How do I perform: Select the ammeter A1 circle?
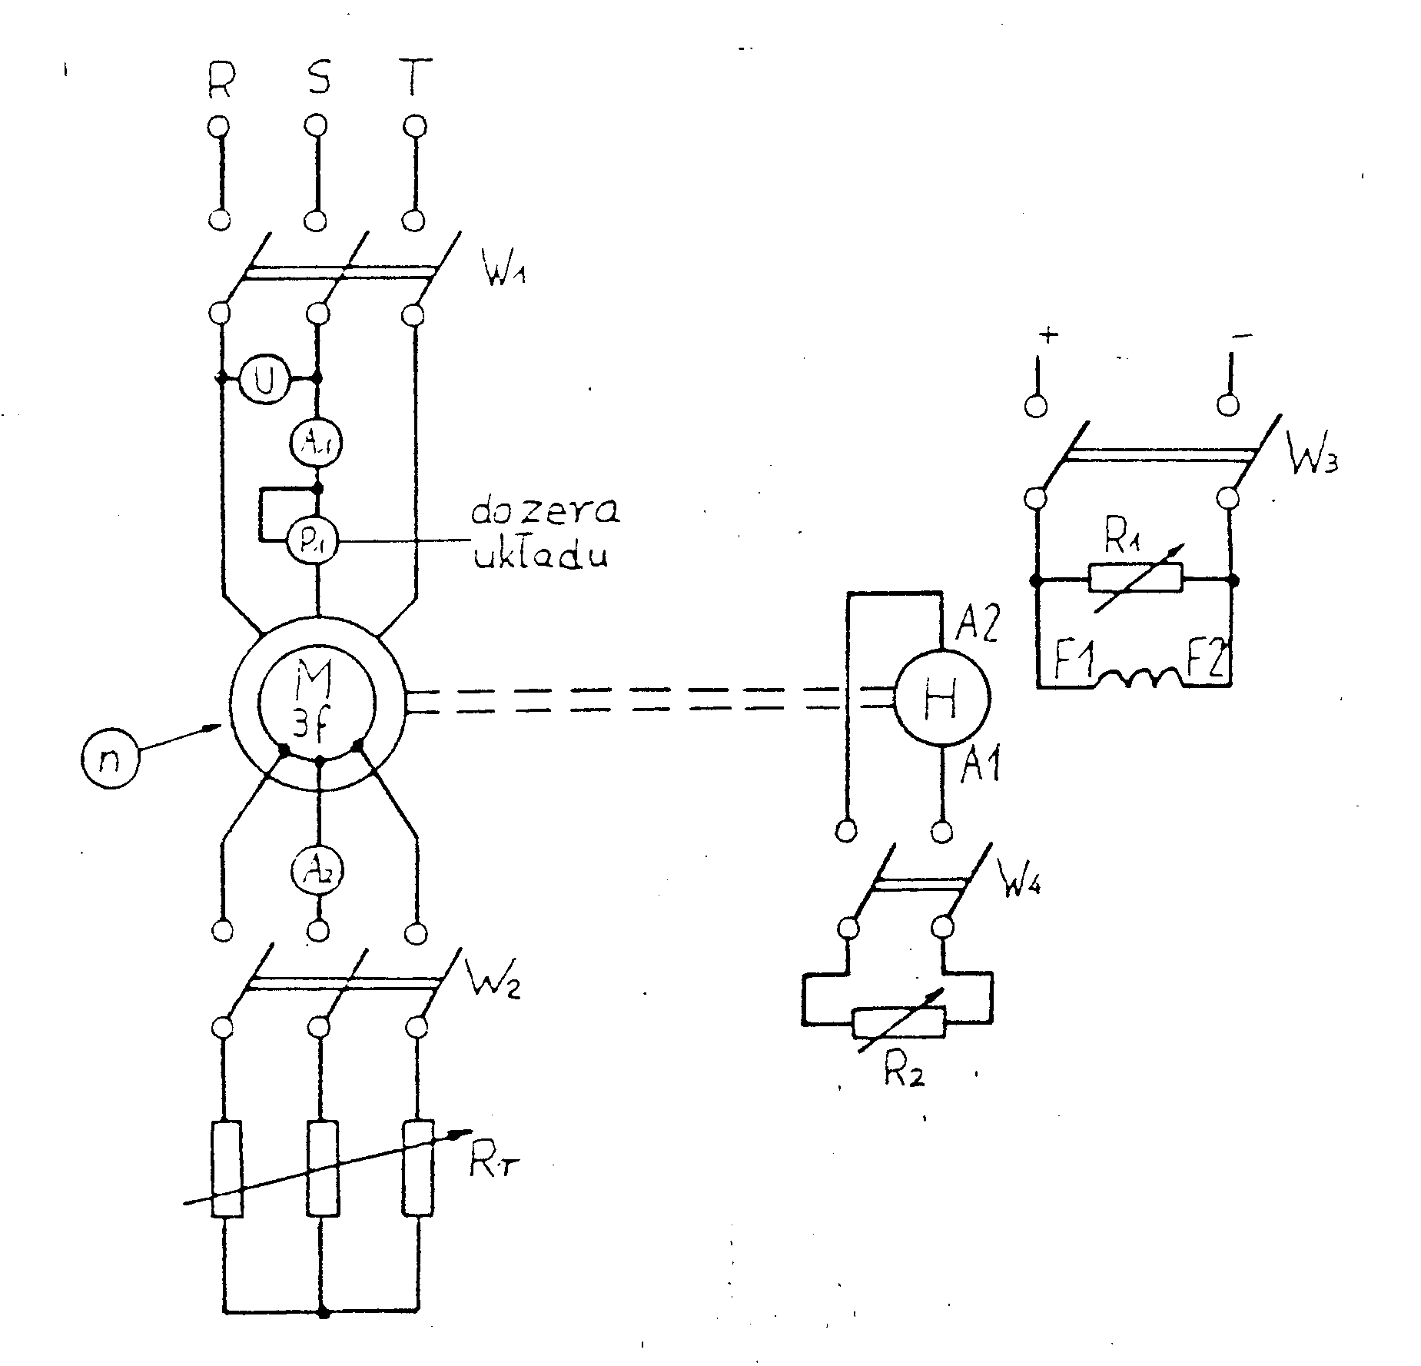click(317, 440)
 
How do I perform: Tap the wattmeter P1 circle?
click(316, 541)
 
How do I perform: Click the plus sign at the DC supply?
click(1049, 335)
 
